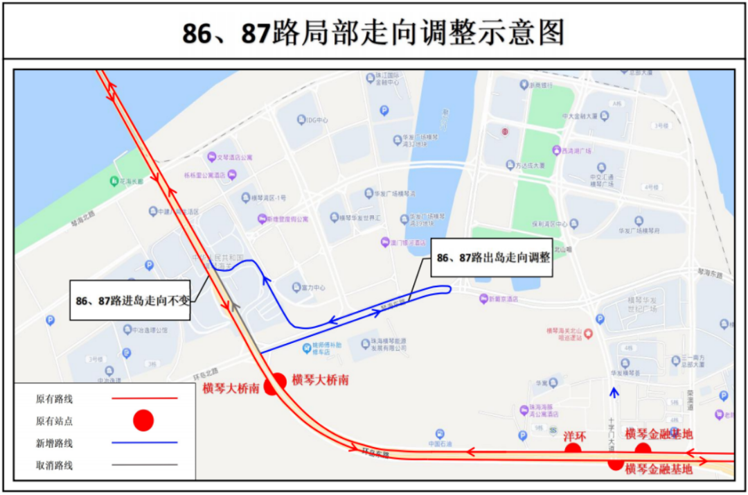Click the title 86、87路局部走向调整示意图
pyautogui.click(x=373, y=32)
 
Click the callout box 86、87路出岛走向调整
pyautogui.click(x=492, y=258)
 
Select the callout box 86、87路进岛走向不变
pyautogui.click(x=130, y=301)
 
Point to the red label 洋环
pyautogui.click(x=574, y=436)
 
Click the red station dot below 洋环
pyautogui.click(x=573, y=450)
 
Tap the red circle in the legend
pyautogui.click(x=143, y=419)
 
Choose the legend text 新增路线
pyautogui.click(x=54, y=442)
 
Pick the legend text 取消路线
pyautogui.click(x=54, y=465)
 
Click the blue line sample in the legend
pyautogui.click(x=143, y=442)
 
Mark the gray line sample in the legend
pyautogui.click(x=143, y=465)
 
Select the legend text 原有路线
pyautogui.click(x=54, y=399)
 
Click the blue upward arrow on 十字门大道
pyautogui.click(x=613, y=394)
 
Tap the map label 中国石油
pyautogui.click(x=440, y=444)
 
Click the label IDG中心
pyautogui.click(x=317, y=120)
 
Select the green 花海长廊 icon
pyautogui.click(x=114, y=181)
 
